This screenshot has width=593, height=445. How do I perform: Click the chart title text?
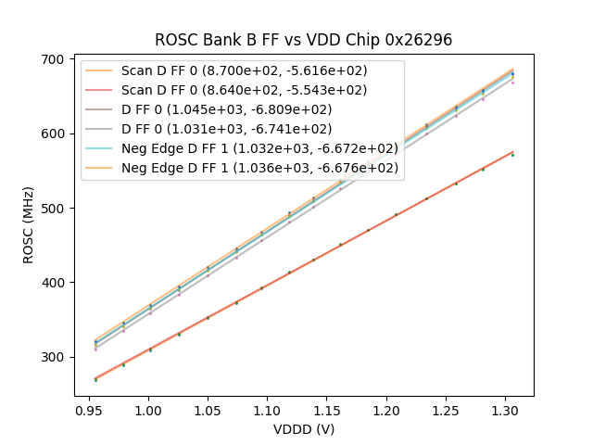[x=303, y=40]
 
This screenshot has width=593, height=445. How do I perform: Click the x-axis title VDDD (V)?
[x=303, y=429]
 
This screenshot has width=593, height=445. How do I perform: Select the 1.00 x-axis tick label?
[x=148, y=409]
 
